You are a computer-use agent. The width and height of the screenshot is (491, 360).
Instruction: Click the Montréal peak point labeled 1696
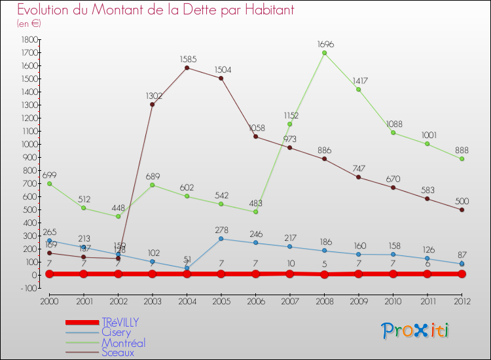click(324, 53)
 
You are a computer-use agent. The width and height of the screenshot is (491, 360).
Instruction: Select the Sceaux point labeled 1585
click(187, 67)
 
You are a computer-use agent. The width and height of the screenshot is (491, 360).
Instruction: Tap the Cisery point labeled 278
click(221, 239)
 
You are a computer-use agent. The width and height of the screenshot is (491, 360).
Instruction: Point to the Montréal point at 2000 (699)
click(49, 184)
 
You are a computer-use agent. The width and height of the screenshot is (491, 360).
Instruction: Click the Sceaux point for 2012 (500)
click(462, 210)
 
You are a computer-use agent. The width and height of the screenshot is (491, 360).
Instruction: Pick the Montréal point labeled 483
click(255, 212)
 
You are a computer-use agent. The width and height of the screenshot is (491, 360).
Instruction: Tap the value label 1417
click(359, 81)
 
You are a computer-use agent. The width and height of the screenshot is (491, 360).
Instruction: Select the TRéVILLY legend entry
click(120, 322)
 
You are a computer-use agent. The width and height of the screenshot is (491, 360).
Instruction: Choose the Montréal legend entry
click(123, 342)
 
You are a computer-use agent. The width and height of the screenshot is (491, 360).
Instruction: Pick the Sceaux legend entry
click(117, 352)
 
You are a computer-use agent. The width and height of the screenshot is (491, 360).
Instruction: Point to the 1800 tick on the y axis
click(29, 39)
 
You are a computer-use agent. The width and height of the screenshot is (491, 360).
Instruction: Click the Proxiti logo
click(415, 331)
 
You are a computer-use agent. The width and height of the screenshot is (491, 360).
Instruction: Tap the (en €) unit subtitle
click(29, 24)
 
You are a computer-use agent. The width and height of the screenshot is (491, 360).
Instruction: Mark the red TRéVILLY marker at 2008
click(324, 274)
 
